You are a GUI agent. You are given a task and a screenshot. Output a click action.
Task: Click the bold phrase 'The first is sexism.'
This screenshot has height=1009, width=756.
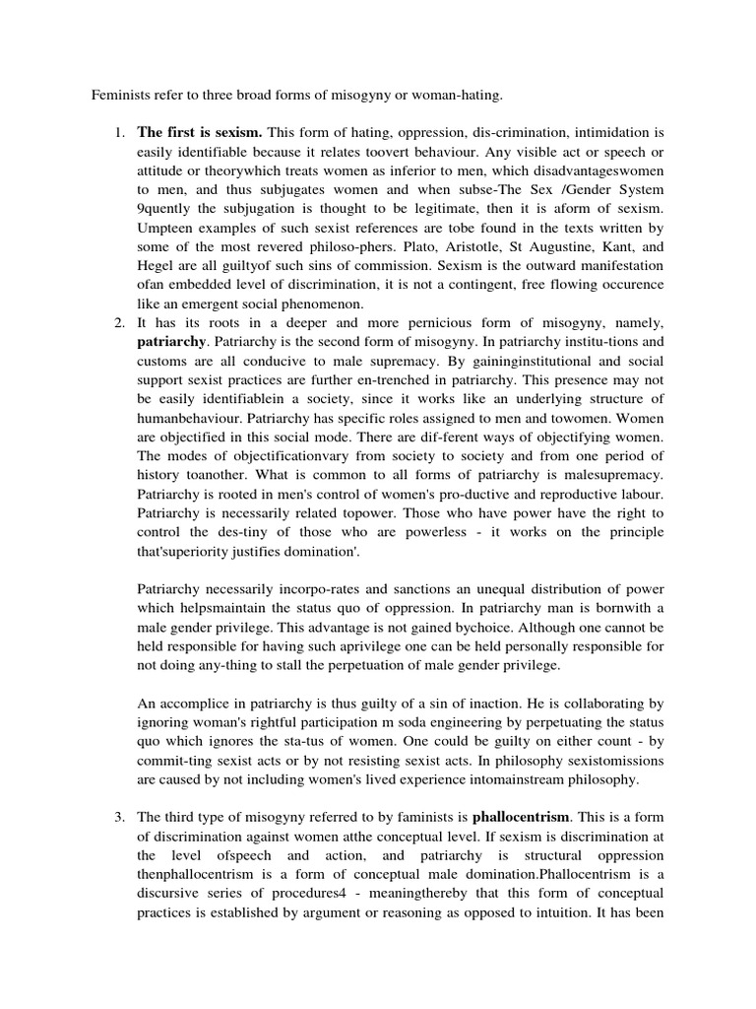(199, 131)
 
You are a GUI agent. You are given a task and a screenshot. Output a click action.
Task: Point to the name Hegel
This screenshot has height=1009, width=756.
(156, 266)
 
